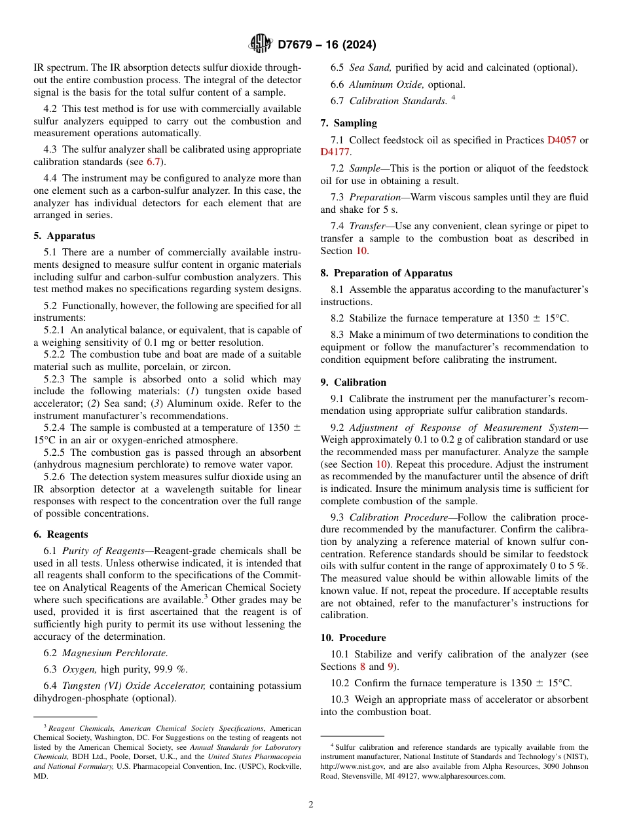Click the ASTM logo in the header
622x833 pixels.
261,45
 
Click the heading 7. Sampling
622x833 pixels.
348,123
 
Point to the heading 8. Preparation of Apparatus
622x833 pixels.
386,273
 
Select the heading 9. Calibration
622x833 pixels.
354,382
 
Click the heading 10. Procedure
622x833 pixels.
353,638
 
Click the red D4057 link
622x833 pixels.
561,140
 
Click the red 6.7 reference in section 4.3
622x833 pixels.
153,162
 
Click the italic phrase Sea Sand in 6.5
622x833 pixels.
370,67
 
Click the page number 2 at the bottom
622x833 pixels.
311,805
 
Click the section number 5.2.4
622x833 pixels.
56,428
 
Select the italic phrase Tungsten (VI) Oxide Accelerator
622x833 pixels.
134,686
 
